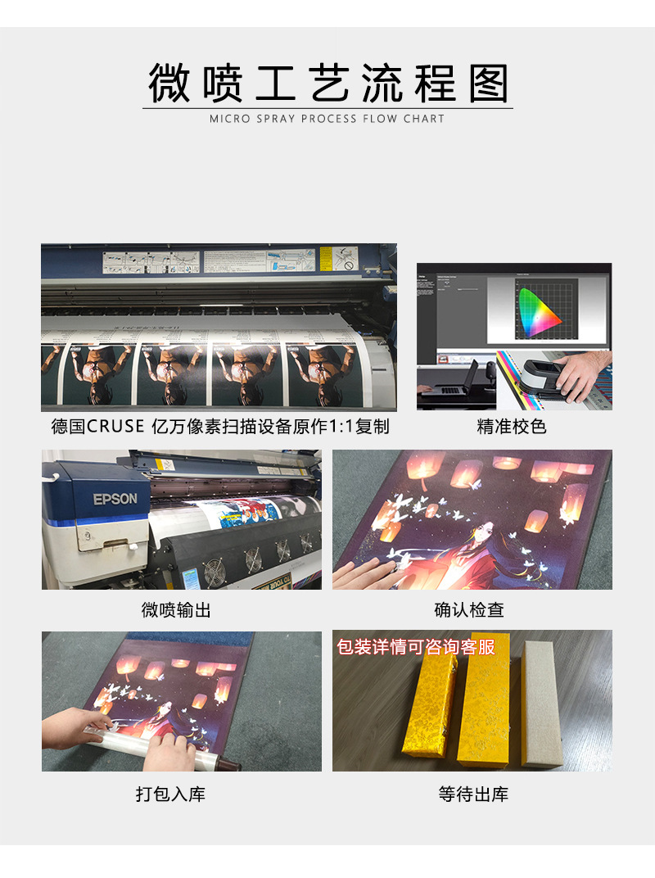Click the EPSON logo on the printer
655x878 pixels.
coord(115,499)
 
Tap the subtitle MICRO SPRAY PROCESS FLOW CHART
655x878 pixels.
coord(327,119)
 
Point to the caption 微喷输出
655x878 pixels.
coord(176,610)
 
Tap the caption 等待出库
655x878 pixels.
coord(473,794)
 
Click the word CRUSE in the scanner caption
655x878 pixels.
coord(116,427)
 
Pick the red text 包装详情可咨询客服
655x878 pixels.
coord(417,647)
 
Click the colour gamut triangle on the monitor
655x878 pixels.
coord(536,310)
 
